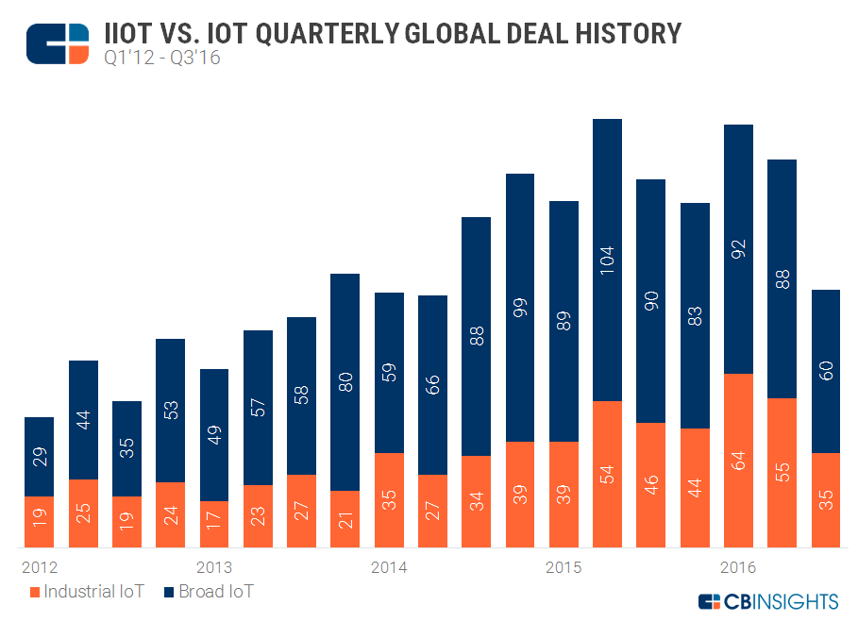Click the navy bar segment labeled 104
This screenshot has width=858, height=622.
coord(607,260)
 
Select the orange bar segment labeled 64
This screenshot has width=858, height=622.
coord(738,460)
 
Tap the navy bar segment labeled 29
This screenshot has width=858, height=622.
coord(39,456)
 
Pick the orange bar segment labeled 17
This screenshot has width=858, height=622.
coord(214,524)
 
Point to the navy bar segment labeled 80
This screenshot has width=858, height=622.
coord(345,381)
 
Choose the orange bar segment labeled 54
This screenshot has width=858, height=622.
coord(607,474)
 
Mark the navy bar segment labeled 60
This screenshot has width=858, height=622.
coord(826,371)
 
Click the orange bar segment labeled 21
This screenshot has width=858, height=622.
coord(345,518)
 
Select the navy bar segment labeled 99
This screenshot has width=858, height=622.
coord(520,308)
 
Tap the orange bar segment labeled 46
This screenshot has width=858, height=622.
coord(651,484)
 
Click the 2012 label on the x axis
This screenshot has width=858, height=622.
coord(39,567)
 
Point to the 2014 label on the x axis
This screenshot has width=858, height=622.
coord(389,567)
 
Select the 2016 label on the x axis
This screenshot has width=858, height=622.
coord(738,567)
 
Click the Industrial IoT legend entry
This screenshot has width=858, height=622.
coord(88,592)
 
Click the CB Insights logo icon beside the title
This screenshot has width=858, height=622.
coord(58,44)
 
